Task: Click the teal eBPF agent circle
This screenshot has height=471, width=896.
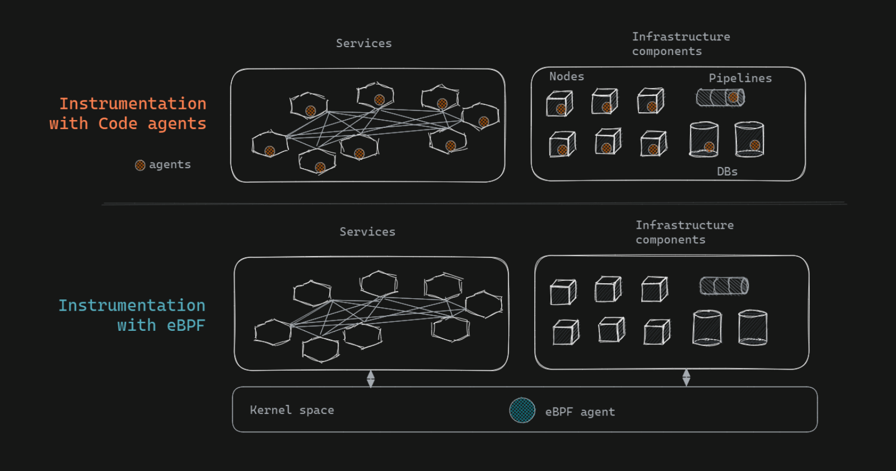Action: pos(522,410)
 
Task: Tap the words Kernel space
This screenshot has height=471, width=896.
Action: pos(292,410)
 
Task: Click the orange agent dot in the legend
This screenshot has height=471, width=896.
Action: pos(140,165)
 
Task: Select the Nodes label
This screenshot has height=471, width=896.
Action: pos(566,76)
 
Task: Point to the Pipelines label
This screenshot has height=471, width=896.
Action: pos(740,78)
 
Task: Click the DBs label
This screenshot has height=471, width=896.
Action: pos(727,172)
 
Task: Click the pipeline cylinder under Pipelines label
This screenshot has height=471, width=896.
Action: pos(720,98)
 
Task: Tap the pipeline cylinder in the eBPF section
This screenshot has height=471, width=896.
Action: pos(724,286)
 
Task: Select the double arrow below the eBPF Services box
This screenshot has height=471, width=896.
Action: pos(371,379)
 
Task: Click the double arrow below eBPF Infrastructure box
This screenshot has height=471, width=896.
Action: pos(686,378)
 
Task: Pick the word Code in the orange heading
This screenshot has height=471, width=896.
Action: pos(118,123)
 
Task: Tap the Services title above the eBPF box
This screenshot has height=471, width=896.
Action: pos(367,232)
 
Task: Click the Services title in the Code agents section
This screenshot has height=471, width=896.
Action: pos(363,43)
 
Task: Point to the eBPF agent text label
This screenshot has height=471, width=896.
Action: pos(580,412)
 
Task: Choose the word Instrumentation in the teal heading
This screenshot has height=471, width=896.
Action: pos(132,305)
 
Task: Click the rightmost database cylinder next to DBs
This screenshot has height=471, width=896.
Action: pos(749,139)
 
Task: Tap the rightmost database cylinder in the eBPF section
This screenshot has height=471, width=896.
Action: pos(752,327)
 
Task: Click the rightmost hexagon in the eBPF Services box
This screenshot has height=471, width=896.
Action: pos(483,304)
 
